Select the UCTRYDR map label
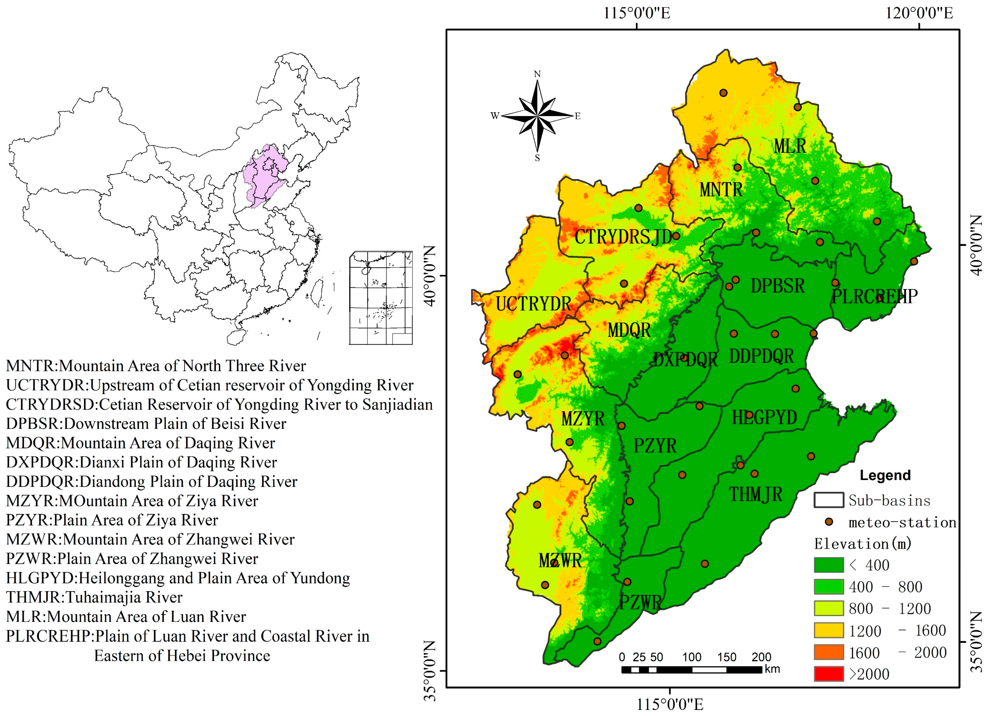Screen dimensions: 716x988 pos(533,304)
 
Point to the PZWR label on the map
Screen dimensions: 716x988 pos(640,603)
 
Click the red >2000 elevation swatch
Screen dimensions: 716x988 pos(829,674)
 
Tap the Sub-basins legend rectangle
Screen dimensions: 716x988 pos(829,500)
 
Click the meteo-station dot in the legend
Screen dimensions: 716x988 pos(829,522)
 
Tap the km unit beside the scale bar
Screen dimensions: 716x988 pos(772,669)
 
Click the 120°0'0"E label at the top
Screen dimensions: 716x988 pos(919,13)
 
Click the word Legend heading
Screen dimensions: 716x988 pos(885,475)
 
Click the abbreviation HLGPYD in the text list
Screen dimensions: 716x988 pos(40,578)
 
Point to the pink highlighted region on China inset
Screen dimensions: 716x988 pos(265,176)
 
